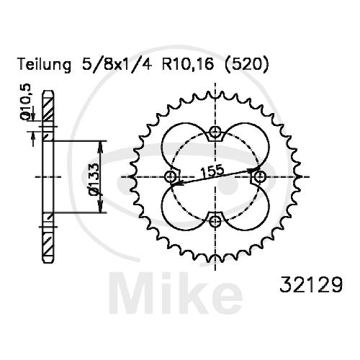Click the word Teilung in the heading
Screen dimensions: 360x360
(45, 65)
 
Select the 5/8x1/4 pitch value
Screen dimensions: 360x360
(117, 64)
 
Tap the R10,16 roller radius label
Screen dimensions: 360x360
(188, 64)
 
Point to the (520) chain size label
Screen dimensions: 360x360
(246, 64)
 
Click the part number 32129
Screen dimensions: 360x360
(311, 284)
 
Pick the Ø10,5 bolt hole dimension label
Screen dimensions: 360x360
(27, 102)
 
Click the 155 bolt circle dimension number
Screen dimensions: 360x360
(212, 171)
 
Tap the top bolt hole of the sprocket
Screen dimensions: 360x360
(215, 132)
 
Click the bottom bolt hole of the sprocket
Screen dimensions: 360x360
(215, 221)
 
